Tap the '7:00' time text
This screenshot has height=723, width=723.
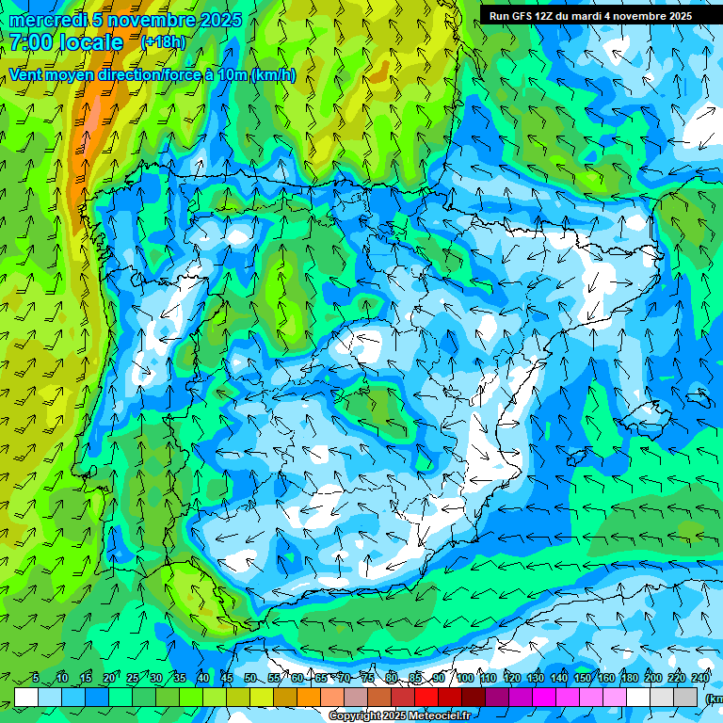click(30, 42)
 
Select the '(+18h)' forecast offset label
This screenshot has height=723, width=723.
click(163, 42)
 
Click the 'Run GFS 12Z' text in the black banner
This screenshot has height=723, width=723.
click(522, 16)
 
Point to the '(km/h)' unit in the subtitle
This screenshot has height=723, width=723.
click(273, 75)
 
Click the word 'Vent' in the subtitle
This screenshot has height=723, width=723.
click(25, 75)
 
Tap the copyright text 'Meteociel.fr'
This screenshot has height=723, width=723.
click(437, 716)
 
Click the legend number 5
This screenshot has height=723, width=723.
click(35, 679)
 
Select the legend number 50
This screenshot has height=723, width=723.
click(249, 679)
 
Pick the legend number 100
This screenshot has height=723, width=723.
click(464, 679)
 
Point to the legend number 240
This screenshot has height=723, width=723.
click(700, 679)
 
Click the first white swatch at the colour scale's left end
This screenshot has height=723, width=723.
click(26, 697)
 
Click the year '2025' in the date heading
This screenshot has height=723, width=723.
click(221, 20)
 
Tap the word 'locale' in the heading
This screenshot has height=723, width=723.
click(91, 42)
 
